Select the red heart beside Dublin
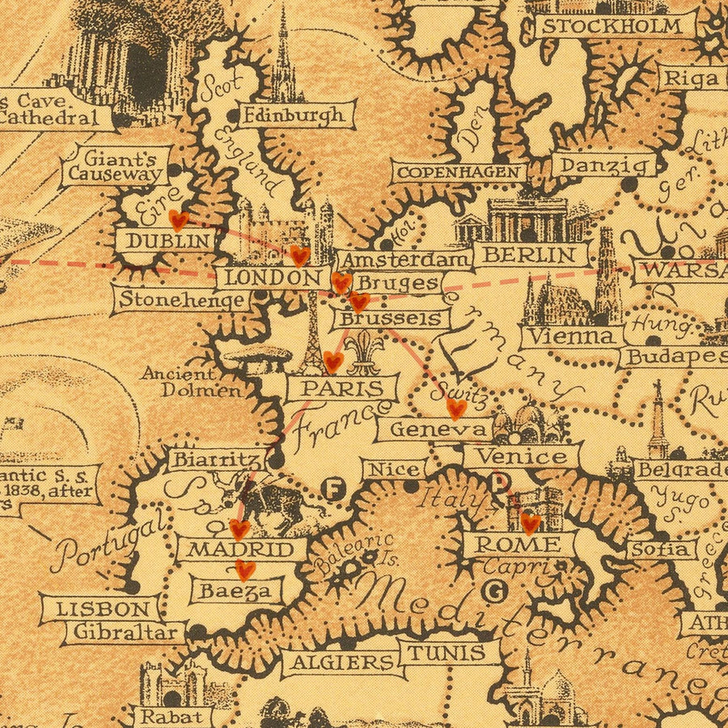coord(178,220)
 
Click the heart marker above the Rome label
coord(530,523)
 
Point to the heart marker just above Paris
coord(333,361)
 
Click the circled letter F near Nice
coord(332,488)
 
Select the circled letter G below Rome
coord(493,591)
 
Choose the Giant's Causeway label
coord(115,164)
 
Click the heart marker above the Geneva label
coord(456,408)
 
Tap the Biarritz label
coord(215,459)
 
